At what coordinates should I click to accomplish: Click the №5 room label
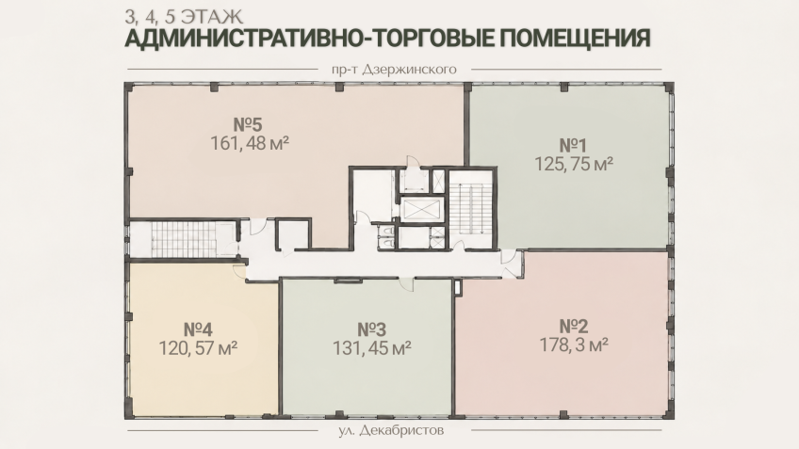(x=248, y=124)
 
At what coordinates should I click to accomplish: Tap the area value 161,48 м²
(x=250, y=144)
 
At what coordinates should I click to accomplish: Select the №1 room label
(x=573, y=146)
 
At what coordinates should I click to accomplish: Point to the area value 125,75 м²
(x=573, y=164)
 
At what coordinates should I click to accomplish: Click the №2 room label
(x=574, y=327)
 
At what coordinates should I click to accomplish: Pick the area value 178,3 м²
(x=574, y=345)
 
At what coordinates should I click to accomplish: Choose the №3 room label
(x=371, y=329)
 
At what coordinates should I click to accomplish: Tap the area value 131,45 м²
(x=372, y=348)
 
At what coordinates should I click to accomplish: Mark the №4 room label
(x=198, y=329)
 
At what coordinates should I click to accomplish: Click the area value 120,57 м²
(x=198, y=348)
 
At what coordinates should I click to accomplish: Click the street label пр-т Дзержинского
(x=394, y=70)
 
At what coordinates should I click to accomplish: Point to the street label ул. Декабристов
(x=391, y=431)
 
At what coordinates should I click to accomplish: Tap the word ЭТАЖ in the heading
(x=211, y=17)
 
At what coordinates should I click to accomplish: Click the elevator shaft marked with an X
(x=420, y=209)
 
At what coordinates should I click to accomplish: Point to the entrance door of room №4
(x=239, y=271)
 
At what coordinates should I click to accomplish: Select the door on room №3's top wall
(x=407, y=283)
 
